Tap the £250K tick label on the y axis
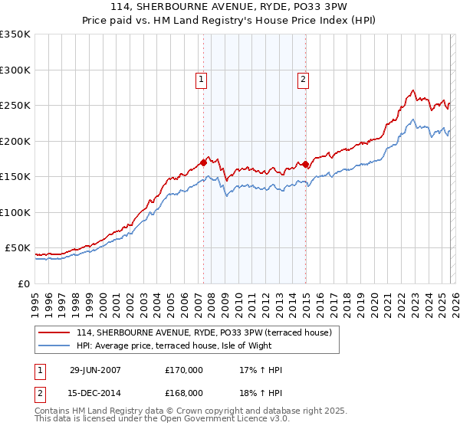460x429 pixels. pos(15,106)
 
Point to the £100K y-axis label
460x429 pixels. pos(15,212)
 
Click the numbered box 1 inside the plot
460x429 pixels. pos(201,78)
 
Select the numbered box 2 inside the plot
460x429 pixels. pos(303,78)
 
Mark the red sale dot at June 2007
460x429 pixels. pos(203,162)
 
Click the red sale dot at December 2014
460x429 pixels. pos(305,164)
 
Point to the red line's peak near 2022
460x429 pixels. pos(412,91)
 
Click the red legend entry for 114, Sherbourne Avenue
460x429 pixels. pos(203,332)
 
